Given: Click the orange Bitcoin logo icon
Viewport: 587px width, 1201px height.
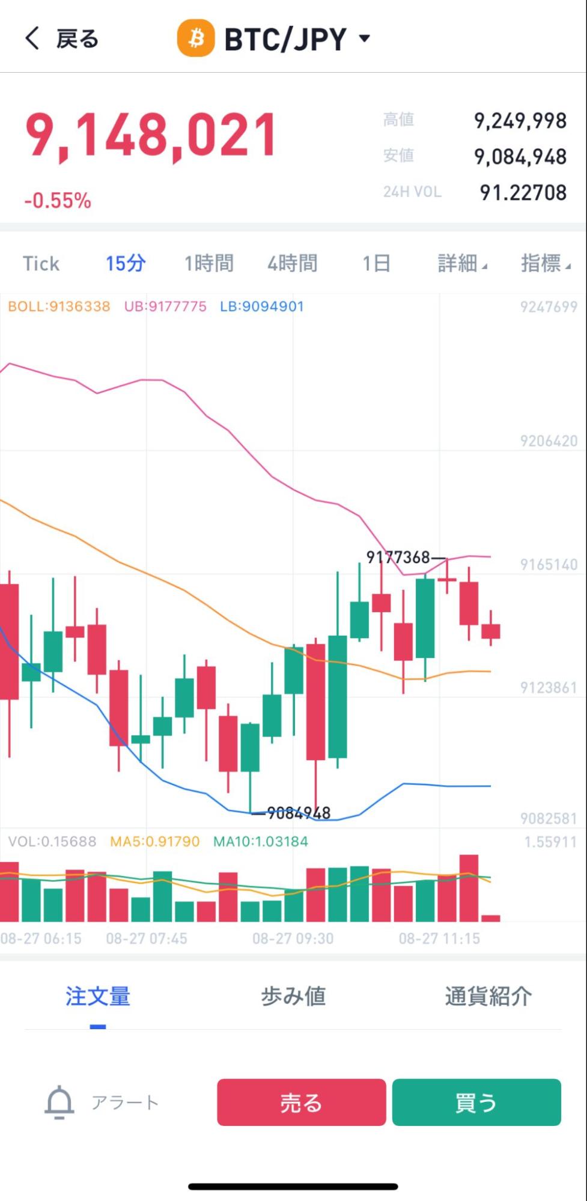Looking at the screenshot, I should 195,38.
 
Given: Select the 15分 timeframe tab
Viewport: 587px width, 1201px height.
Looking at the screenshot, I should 126,263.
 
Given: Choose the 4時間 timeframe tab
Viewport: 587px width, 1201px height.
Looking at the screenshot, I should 292,263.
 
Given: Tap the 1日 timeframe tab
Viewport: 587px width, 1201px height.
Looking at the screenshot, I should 376,263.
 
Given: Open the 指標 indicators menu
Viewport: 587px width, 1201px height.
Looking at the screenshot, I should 545,263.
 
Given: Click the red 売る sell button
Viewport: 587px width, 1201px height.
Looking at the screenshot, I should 301,1102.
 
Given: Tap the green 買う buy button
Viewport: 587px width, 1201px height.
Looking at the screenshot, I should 476,1102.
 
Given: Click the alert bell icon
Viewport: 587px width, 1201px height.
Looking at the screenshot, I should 59,1102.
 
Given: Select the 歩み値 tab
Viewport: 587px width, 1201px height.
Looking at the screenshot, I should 293,996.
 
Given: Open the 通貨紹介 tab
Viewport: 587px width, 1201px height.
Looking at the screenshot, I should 488,996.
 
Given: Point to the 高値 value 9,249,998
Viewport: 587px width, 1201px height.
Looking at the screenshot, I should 520,121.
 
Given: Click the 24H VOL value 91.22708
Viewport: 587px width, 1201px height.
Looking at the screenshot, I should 523,192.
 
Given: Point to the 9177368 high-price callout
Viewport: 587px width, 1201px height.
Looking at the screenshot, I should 398,558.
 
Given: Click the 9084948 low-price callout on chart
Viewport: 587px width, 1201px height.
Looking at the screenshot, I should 299,813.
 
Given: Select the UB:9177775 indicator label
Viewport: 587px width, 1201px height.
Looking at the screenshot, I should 165,306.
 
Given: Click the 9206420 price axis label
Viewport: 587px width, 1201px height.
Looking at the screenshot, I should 549,441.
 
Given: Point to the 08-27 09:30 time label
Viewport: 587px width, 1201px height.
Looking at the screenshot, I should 293,938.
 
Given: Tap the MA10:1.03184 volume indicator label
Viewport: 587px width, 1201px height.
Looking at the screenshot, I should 260,842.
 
